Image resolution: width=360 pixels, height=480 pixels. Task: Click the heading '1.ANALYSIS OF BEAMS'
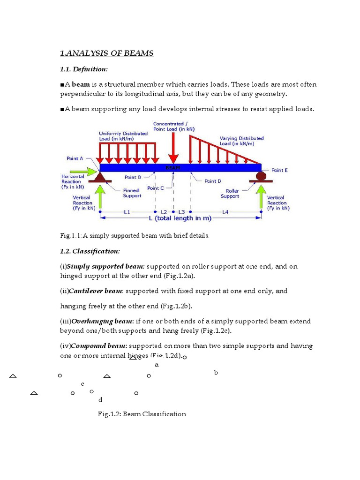[x=107, y=53]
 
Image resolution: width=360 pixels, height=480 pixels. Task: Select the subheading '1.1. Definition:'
[x=84, y=69]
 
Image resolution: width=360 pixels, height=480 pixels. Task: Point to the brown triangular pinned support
[x=100, y=177]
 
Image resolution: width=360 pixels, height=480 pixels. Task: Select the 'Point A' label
[x=75, y=159]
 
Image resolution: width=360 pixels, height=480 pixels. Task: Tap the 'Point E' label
[x=280, y=171]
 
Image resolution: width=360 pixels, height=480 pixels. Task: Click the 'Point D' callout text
[x=213, y=181]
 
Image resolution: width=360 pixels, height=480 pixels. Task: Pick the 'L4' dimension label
[x=225, y=212]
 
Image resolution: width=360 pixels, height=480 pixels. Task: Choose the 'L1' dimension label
[x=127, y=212]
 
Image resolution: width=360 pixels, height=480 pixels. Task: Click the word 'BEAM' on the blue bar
[x=172, y=167]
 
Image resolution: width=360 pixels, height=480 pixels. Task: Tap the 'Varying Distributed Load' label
[x=241, y=141]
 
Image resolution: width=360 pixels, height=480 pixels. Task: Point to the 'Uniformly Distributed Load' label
[x=117, y=136]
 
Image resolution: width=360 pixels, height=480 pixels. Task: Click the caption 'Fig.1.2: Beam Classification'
[x=142, y=414]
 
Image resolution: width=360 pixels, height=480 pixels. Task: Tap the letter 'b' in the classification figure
[x=216, y=373]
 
